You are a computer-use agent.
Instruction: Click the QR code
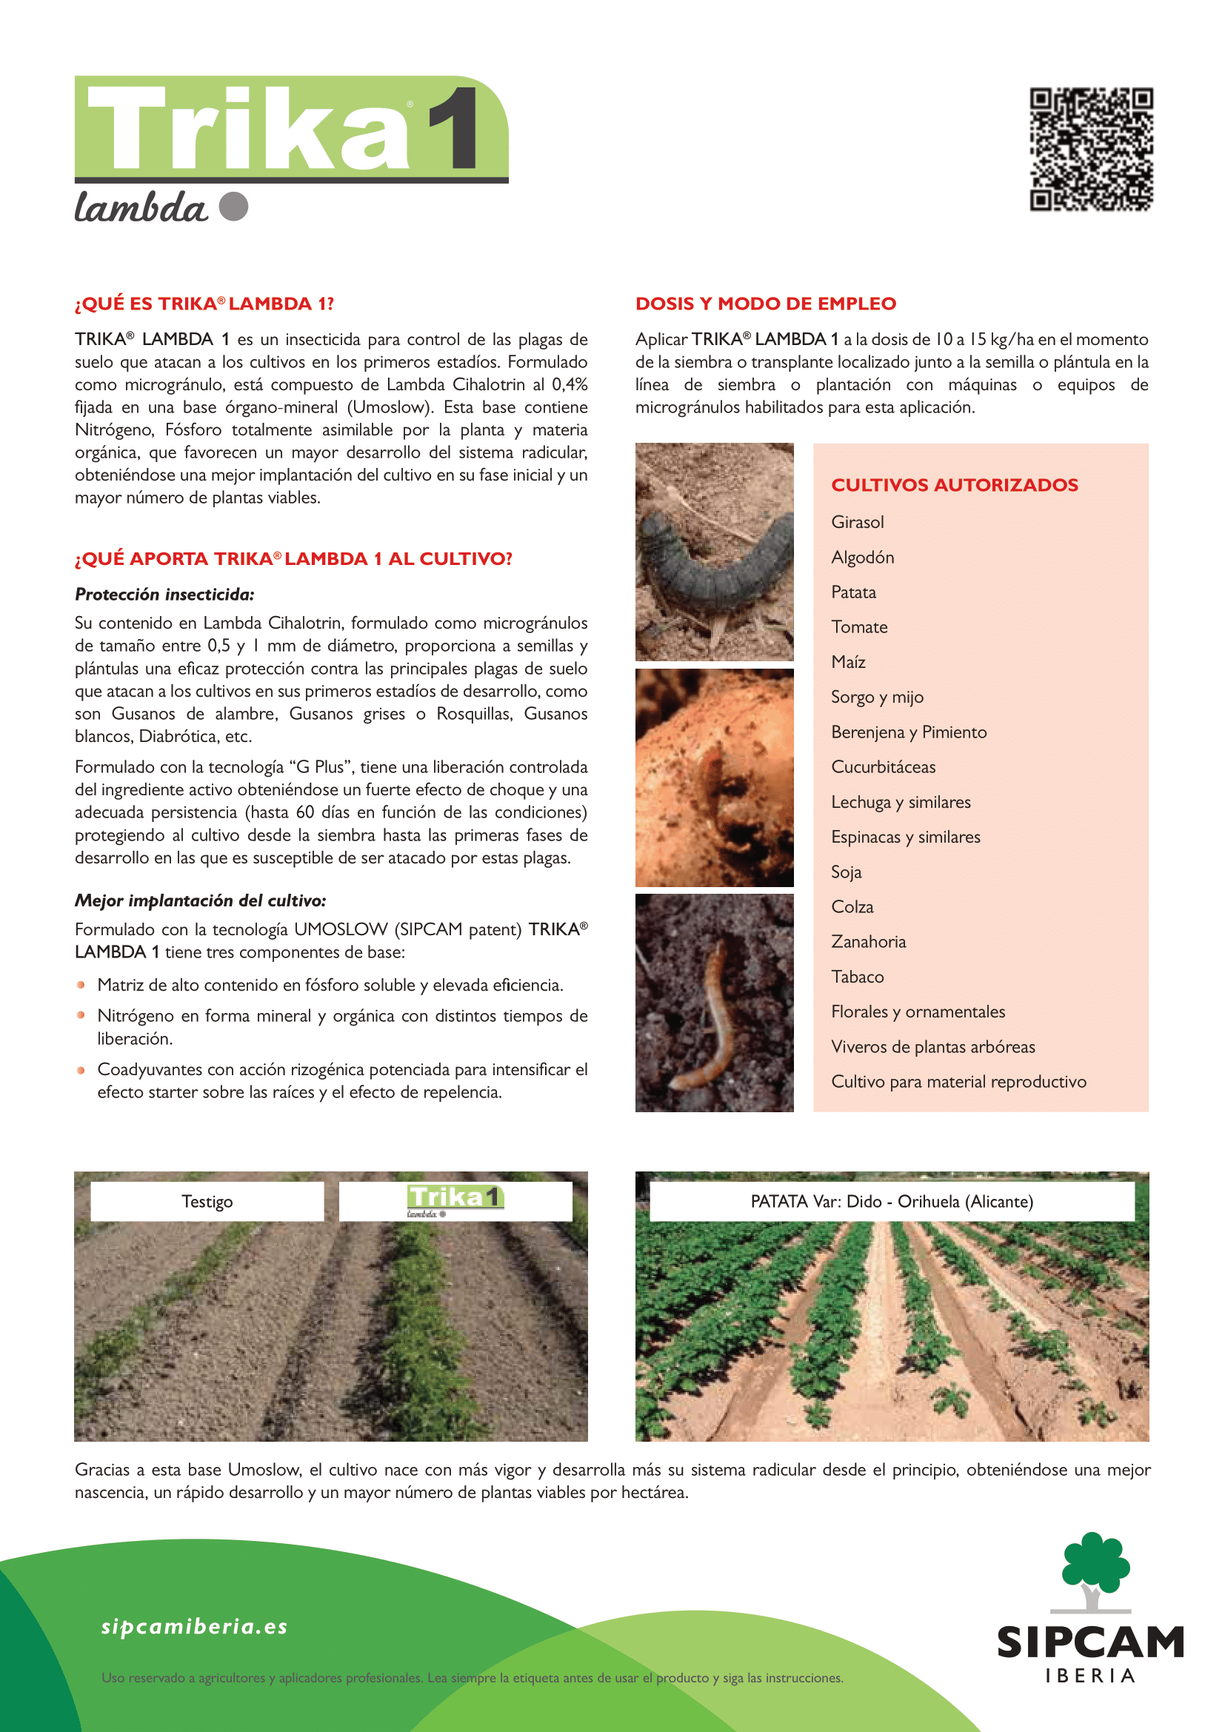1091,150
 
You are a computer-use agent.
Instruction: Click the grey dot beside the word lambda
234,206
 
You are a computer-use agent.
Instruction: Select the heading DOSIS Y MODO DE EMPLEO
766,304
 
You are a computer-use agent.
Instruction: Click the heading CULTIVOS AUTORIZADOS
954,485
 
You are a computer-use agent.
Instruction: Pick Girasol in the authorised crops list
857,522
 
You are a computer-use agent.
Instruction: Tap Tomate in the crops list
859,627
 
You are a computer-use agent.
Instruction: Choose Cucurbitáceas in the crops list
884,767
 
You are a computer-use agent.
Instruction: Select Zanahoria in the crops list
868,941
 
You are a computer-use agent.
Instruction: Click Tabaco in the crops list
857,977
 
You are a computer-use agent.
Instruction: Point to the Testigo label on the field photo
207,1201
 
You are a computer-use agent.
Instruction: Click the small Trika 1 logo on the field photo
455,1199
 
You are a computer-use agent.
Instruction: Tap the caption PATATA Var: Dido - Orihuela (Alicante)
892,1201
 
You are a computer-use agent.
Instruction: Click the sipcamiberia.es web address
195,1626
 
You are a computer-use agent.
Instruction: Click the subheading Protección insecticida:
164,595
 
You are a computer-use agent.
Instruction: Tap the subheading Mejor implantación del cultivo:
200,900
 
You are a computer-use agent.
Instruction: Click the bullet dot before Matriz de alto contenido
81,984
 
